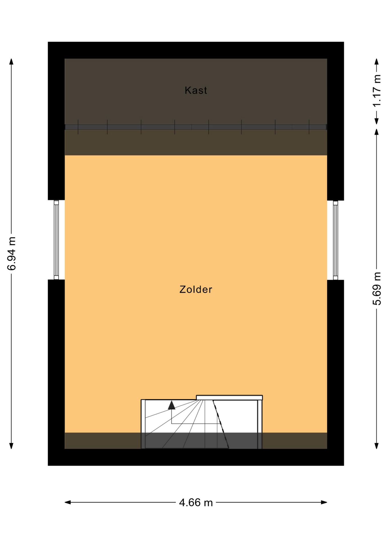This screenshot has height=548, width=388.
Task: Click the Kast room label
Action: (x=196, y=90)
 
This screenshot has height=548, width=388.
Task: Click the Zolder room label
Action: (x=196, y=289)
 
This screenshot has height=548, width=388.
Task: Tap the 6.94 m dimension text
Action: (x=12, y=253)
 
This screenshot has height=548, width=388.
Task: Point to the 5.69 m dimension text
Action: (x=377, y=289)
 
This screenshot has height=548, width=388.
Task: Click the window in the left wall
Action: (x=56, y=240)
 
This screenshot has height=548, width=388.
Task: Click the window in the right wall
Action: (x=335, y=240)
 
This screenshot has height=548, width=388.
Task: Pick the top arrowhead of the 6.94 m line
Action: (x=11, y=62)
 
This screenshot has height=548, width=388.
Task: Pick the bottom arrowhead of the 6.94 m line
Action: (x=11, y=446)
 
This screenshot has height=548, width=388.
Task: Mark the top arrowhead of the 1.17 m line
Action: (x=377, y=62)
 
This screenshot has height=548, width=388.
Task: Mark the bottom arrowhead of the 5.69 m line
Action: (x=377, y=446)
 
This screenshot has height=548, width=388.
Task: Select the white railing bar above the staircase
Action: (x=229, y=398)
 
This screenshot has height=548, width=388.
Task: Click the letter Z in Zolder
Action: (x=183, y=289)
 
